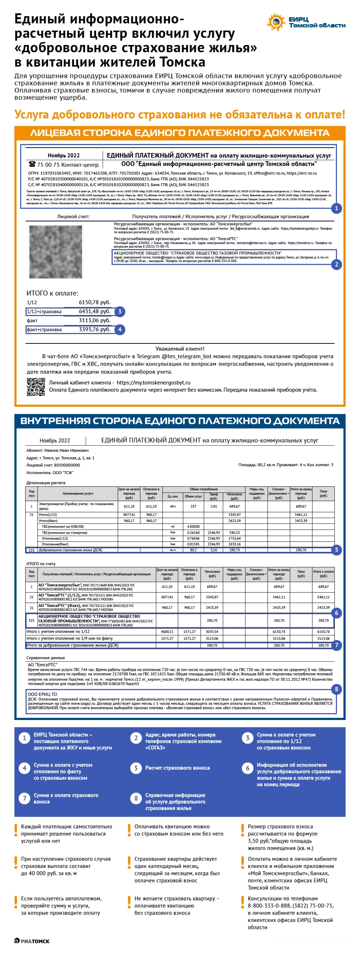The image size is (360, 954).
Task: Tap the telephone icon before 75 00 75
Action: [32, 164]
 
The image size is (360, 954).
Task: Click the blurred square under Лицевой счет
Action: [56, 252]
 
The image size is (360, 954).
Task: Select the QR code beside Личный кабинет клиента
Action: [36, 387]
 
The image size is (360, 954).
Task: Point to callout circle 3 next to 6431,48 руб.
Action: [119, 311]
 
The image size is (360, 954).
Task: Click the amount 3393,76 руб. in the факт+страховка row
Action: [94, 329]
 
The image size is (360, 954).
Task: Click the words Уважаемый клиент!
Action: [180, 348]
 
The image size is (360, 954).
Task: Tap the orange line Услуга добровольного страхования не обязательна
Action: [180, 114]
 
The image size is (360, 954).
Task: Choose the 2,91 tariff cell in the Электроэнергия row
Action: [213, 506]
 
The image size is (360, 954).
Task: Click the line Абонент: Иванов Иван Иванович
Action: [57, 450]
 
